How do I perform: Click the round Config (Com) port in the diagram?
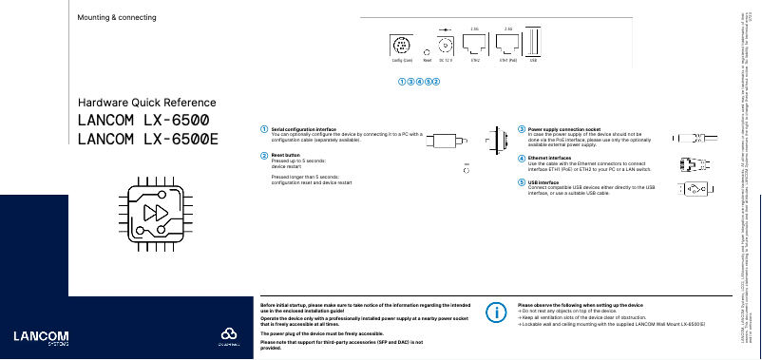click(x=401, y=44)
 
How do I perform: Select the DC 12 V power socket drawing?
click(x=446, y=45)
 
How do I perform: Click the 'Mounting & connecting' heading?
click(x=117, y=18)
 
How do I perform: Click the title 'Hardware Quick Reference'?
click(x=147, y=103)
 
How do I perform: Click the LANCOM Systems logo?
click(x=34, y=337)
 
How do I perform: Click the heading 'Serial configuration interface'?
click(x=303, y=128)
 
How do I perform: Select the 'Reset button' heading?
click(x=285, y=154)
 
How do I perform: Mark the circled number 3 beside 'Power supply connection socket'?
click(x=522, y=128)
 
